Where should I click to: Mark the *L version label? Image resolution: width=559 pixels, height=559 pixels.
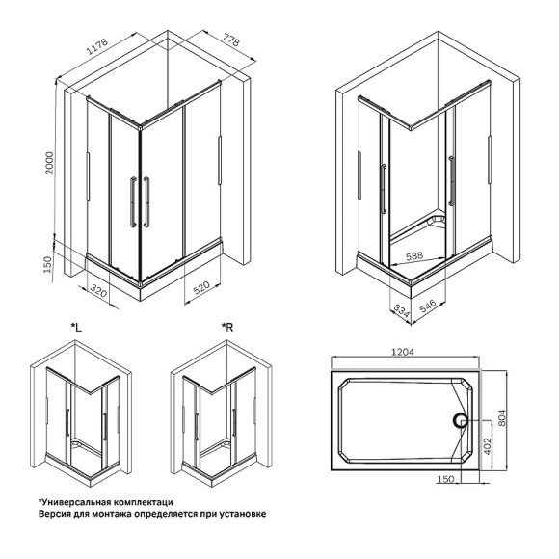[77, 329]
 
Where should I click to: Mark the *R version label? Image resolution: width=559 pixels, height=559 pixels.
[227, 329]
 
